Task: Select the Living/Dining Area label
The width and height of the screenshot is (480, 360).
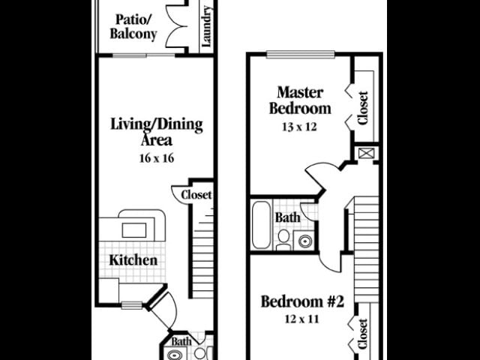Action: click(x=156, y=132)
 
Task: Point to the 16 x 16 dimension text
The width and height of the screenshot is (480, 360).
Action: click(x=156, y=158)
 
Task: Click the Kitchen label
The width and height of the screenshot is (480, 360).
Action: click(x=133, y=260)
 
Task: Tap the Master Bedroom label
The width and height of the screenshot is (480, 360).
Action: click(x=300, y=100)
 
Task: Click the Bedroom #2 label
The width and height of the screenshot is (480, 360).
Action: click(x=301, y=302)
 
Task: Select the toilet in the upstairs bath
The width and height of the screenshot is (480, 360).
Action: click(x=283, y=238)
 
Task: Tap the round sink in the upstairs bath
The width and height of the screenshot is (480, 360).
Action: click(x=305, y=241)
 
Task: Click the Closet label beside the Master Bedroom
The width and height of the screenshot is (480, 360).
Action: click(x=364, y=108)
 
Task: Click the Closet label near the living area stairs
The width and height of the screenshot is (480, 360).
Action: click(x=196, y=195)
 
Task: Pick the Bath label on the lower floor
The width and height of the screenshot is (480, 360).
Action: click(x=181, y=342)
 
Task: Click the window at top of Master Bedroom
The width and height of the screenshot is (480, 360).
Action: click(x=300, y=53)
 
